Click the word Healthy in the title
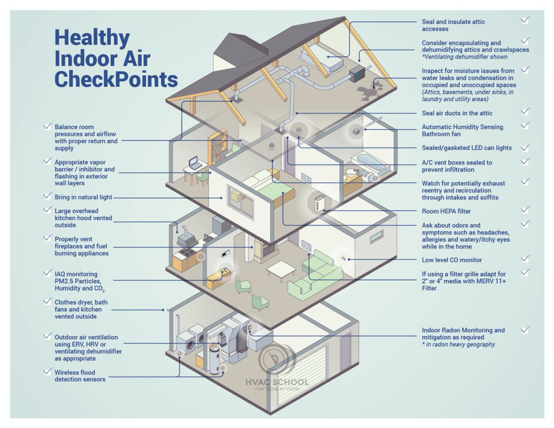tap(92, 38)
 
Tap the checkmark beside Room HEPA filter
tap(526, 209)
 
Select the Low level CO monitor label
tap(452, 260)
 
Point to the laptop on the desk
tap(195, 163)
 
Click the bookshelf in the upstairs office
tap(218, 147)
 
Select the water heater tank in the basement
tap(214, 360)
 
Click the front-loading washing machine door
tap(190, 344)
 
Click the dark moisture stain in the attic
tap(370, 89)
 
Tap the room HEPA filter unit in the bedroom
tap(319, 204)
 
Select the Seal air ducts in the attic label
tap(457, 113)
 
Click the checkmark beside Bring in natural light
tap(47, 196)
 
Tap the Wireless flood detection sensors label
tap(80, 376)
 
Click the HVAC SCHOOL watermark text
tap(277, 382)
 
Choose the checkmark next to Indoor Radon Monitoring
tap(526, 330)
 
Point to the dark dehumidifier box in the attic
tap(357, 74)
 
